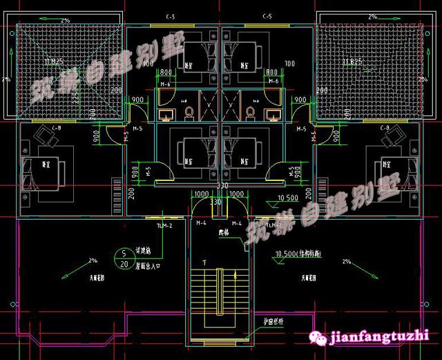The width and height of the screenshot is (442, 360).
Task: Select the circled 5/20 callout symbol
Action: tap(124, 258)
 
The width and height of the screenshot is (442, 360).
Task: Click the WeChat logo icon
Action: tap(320, 337)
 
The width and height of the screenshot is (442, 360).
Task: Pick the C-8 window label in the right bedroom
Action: tap(385, 128)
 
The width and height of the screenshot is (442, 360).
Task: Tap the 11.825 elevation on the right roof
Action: tap(352, 61)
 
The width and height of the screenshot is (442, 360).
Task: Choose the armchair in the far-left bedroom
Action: tap(46, 141)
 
